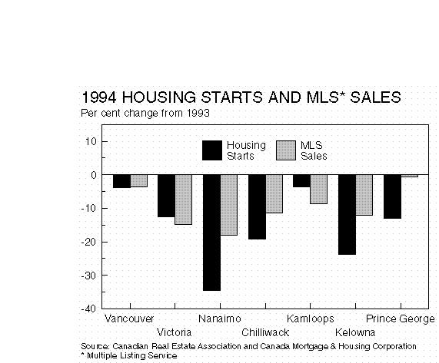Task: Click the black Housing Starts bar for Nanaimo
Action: click(x=211, y=233)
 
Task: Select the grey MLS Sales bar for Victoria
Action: click(x=184, y=200)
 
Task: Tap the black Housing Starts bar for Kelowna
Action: click(x=347, y=215)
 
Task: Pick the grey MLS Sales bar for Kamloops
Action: click(x=318, y=190)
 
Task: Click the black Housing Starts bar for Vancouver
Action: click(x=121, y=181)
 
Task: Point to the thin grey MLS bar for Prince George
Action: click(x=409, y=176)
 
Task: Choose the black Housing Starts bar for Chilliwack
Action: click(x=257, y=207)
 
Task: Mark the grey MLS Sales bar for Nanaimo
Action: click(x=229, y=205)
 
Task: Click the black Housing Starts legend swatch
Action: click(x=212, y=150)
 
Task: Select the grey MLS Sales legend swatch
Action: click(x=286, y=150)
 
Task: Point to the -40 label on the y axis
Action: click(x=88, y=309)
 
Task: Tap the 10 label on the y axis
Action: click(x=91, y=141)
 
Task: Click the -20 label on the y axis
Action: click(x=88, y=242)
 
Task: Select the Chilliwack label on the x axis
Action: click(x=265, y=332)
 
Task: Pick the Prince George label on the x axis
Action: click(x=401, y=318)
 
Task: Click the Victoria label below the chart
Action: click(x=175, y=332)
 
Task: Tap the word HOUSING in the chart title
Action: click(x=159, y=97)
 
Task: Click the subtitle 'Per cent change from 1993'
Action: click(x=145, y=113)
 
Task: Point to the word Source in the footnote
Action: click(x=95, y=347)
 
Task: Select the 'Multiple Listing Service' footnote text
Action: click(x=132, y=356)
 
